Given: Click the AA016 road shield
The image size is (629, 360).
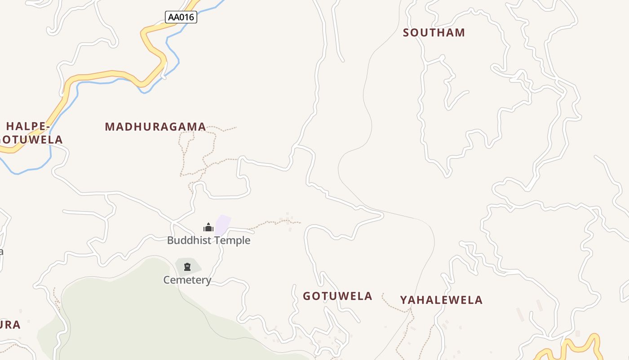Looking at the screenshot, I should point(181,18).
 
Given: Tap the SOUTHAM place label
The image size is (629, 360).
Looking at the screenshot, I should point(434,33).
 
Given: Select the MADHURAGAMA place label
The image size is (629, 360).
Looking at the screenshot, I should point(155,127).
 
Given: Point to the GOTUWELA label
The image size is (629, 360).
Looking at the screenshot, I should point(337,296).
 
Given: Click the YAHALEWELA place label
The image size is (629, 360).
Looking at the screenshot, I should point(441,300).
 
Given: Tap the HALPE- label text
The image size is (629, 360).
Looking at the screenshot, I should point(27,126).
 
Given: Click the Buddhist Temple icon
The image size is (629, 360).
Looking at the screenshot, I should point(208,227).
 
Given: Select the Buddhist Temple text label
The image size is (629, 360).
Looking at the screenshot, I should point(208,240).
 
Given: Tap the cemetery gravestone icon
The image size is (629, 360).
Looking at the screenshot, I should point(187,267).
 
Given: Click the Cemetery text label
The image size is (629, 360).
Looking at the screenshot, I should point(187,280).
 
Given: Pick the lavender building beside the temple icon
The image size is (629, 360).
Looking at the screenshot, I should point(223,225).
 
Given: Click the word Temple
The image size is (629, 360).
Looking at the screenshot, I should point(232,240).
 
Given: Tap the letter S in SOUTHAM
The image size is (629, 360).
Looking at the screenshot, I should point(406,33).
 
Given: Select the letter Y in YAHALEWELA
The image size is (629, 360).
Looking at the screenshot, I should point(403,300).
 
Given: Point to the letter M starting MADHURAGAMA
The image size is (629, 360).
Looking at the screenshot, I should point(109,127).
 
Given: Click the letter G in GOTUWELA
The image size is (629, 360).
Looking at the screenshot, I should point(307,296).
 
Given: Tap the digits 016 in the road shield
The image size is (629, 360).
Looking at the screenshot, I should point(187,18).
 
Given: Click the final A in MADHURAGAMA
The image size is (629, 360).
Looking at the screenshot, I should point(202,127).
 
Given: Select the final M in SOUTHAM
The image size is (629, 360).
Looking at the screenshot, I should point(461,33).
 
